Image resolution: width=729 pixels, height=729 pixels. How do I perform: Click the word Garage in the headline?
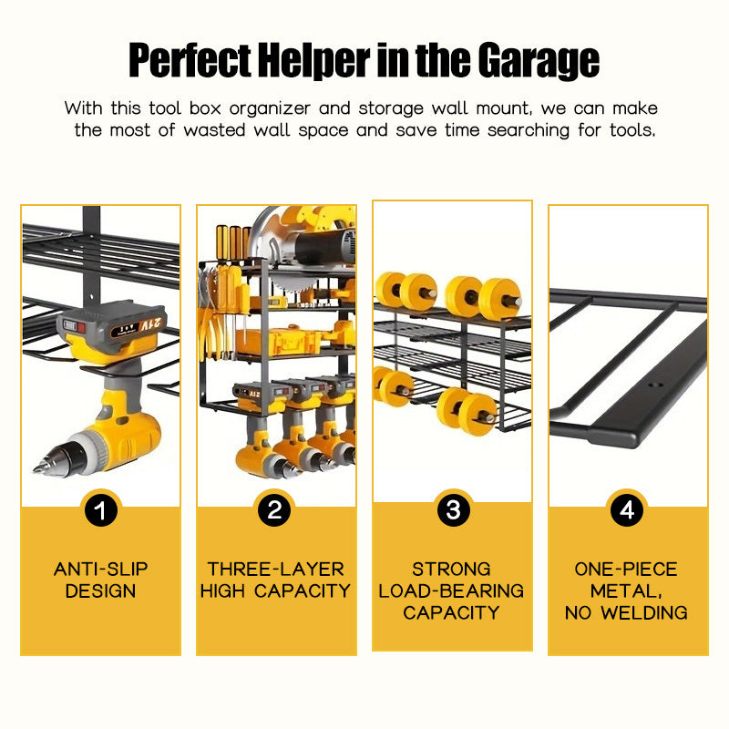click(539, 61)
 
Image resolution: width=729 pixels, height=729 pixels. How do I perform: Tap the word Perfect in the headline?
click(190, 59)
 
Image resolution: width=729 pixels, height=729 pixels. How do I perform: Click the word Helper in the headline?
click(314, 60)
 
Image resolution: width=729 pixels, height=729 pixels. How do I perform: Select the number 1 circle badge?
click(101, 510)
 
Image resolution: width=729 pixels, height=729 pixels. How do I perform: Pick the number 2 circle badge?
click(274, 510)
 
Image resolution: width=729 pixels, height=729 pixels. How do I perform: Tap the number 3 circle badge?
click(453, 510)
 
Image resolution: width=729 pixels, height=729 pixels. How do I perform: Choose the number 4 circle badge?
click(627, 510)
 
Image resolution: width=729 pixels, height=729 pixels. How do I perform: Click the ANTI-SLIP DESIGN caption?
click(101, 580)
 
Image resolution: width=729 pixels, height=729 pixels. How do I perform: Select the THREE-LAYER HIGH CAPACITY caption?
click(276, 580)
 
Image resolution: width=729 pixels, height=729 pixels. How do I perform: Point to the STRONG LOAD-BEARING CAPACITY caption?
click(451, 590)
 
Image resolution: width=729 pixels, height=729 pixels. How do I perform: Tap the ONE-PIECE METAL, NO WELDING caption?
click(626, 590)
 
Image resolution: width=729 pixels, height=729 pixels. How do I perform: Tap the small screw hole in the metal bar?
click(655, 385)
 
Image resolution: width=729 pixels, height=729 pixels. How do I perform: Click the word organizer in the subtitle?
click(270, 109)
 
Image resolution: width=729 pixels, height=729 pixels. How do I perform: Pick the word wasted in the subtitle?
click(214, 130)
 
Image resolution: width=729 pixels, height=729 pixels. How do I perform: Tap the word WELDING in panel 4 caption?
click(644, 612)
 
